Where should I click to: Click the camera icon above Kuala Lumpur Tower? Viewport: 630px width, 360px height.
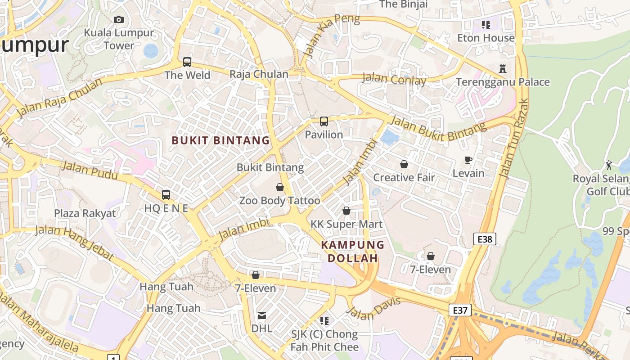click(119, 19)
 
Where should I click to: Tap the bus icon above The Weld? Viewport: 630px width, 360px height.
click(187, 62)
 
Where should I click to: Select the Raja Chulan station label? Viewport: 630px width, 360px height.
click(259, 74)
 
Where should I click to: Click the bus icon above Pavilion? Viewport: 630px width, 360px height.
click(324, 121)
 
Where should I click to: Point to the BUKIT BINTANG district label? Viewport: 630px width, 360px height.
click(220, 140)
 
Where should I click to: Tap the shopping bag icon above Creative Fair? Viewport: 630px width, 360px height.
click(404, 164)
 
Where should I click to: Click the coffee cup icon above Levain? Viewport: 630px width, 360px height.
click(468, 160)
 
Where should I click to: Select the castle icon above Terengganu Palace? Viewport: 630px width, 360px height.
click(503, 69)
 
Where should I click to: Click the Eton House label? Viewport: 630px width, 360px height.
click(486, 38)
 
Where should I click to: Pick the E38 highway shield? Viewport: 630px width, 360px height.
click(485, 239)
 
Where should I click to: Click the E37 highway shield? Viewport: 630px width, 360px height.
click(460, 310)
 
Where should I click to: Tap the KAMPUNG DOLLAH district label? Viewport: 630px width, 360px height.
click(353, 252)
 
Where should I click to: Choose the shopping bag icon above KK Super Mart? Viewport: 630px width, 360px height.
click(346, 211)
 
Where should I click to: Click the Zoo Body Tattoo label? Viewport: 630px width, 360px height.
click(279, 200)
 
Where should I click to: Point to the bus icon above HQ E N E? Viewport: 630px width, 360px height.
click(166, 195)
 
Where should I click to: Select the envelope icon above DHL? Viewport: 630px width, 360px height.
click(261, 315)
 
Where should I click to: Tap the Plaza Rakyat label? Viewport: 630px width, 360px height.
click(85, 213)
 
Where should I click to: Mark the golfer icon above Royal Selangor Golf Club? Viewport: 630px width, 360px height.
click(609, 165)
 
